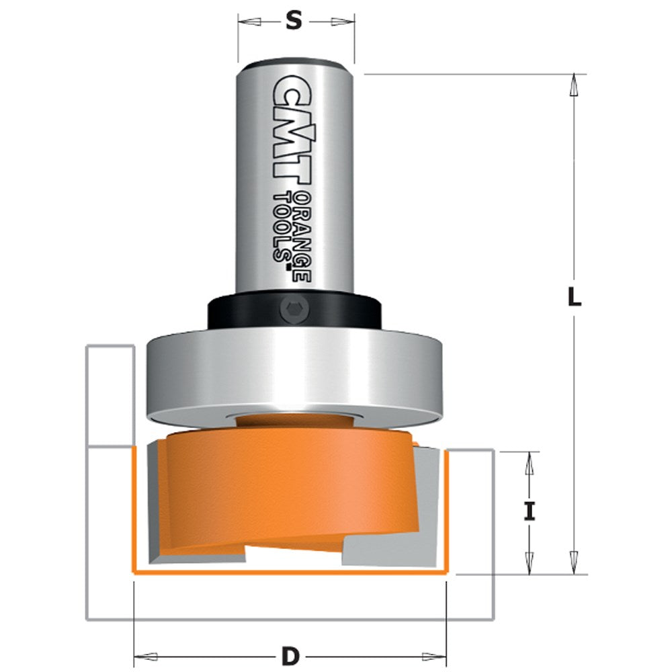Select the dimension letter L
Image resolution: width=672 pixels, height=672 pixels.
(573, 297)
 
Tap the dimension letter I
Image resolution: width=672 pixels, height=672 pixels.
(530, 512)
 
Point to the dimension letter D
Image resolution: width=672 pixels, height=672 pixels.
(290, 655)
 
